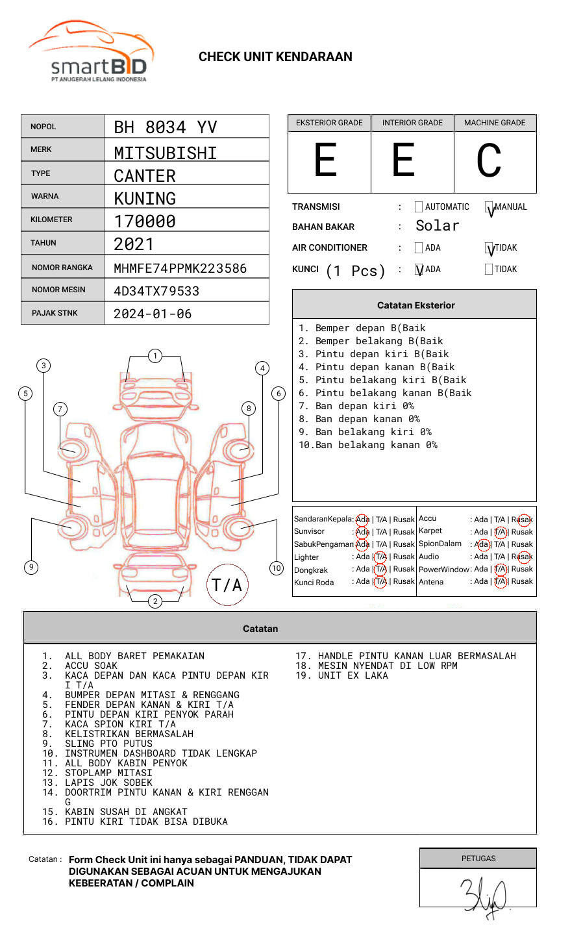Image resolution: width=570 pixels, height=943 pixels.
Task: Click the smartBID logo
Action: click(x=92, y=52)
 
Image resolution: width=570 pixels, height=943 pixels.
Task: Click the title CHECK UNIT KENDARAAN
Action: click(x=275, y=57)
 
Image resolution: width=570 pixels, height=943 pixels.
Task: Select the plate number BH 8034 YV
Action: click(x=165, y=127)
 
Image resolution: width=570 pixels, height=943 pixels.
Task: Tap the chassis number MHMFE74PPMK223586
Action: click(x=180, y=268)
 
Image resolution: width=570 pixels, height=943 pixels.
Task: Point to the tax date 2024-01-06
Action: click(x=153, y=314)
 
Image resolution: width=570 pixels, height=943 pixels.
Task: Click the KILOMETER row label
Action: click(x=51, y=220)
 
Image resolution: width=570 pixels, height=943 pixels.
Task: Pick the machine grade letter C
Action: click(x=489, y=161)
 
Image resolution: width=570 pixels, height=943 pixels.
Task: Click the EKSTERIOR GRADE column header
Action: click(x=329, y=123)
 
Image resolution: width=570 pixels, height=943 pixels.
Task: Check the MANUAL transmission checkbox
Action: click(x=489, y=208)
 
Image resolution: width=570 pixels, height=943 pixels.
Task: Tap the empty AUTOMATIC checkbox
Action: click(x=419, y=207)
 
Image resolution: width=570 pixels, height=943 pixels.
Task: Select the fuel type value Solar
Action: click(x=437, y=226)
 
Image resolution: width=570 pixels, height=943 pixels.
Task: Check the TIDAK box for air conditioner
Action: click(x=489, y=248)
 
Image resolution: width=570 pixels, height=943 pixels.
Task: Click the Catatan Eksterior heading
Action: click(x=415, y=305)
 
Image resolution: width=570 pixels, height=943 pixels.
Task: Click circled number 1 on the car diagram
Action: click(x=155, y=355)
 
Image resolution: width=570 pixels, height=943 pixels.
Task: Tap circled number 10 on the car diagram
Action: click(x=277, y=568)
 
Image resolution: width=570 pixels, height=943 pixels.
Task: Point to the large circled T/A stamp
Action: click(x=227, y=585)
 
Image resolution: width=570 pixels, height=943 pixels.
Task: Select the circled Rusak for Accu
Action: click(x=523, y=520)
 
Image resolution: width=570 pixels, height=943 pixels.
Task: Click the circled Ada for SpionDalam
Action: click(x=482, y=544)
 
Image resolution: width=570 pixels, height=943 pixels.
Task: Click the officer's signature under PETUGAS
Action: click(x=484, y=896)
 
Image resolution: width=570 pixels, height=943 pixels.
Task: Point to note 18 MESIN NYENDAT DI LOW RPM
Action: click(x=388, y=666)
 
